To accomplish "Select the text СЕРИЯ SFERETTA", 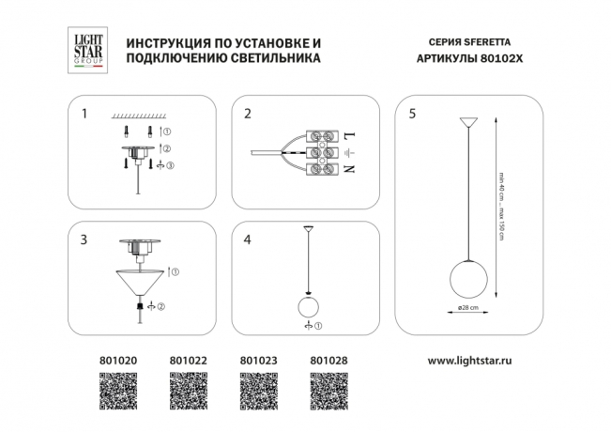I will [464, 43].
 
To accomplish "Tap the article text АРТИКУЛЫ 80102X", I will [464, 58].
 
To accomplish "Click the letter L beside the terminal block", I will [350, 135].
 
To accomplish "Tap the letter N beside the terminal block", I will [350, 170].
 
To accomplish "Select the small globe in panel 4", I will [309, 306].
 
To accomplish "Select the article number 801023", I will [258, 360].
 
